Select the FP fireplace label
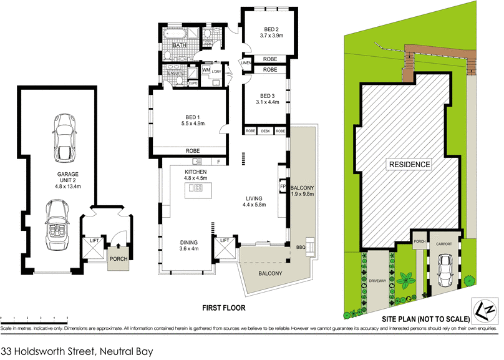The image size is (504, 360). click(281, 186)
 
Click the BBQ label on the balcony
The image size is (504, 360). click(301, 248)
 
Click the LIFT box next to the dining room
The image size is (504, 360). click(225, 241)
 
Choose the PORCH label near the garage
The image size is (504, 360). click(118, 258)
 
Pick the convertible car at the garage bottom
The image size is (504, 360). click(58, 225)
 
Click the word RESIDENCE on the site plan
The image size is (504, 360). click(410, 165)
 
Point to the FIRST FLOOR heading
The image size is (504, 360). click(223, 308)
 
